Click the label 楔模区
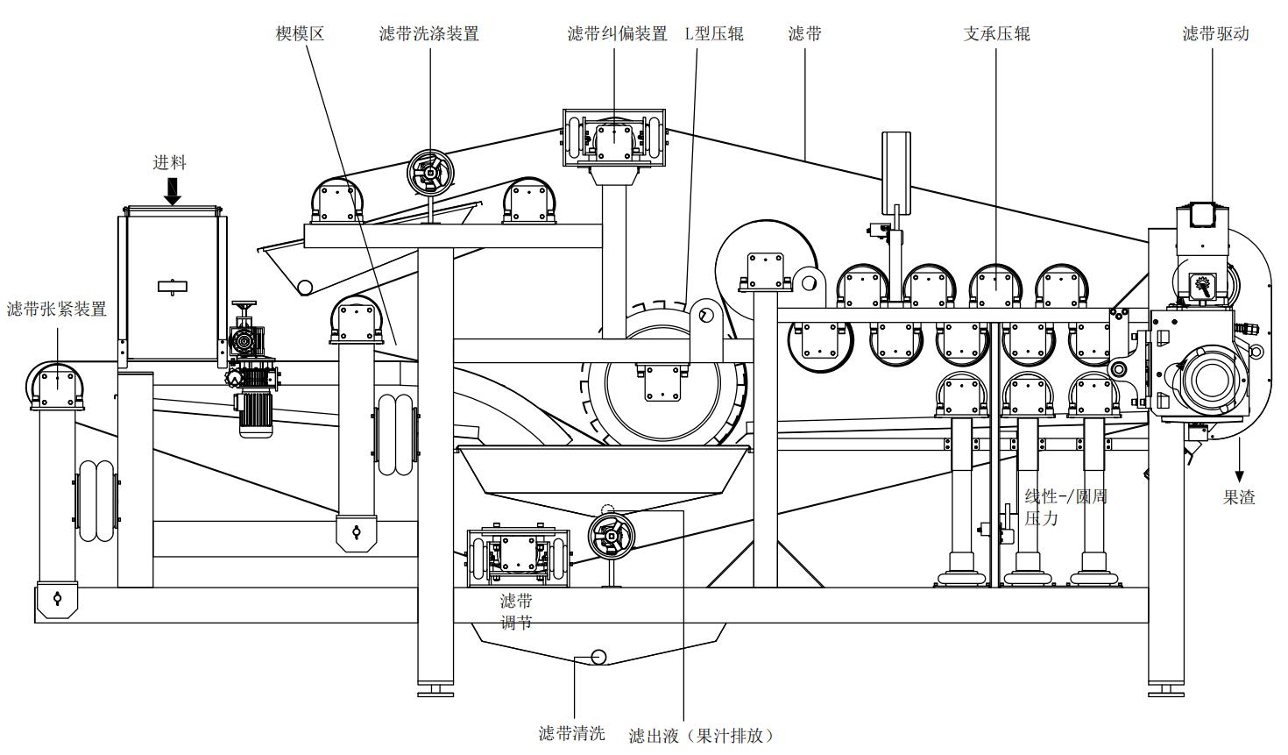click(300, 34)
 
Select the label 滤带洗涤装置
click(428, 34)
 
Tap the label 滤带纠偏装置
click(617, 34)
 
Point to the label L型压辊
click(713, 34)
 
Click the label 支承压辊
click(996, 34)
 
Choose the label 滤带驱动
click(1214, 34)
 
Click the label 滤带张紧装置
click(57, 309)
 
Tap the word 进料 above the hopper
click(170, 162)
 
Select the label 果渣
click(1239, 497)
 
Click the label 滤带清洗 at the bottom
click(571, 733)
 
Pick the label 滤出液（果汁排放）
click(701, 735)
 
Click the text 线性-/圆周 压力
click(1065, 507)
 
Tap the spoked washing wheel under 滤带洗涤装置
click(430, 173)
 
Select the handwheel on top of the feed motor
click(244, 306)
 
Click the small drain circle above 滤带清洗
click(599, 657)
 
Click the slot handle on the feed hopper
click(173, 285)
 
